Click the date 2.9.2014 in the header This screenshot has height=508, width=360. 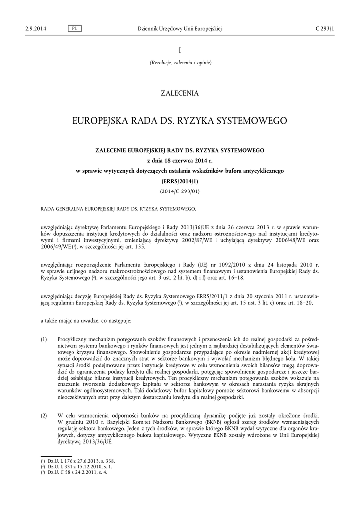coord(35,29)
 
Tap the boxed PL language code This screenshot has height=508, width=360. coord(74,29)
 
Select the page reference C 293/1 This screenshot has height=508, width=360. coord(325,29)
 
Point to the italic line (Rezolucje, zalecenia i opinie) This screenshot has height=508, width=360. coord(180,63)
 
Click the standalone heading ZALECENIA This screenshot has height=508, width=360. coord(180,93)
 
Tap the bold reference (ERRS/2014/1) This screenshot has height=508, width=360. coord(180,181)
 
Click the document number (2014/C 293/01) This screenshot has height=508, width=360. coord(180,191)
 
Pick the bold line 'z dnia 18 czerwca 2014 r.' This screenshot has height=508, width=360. coord(180,160)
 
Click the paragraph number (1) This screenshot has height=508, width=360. coord(44,339)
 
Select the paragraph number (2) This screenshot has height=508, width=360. coord(44,415)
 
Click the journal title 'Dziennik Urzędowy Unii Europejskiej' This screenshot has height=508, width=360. coord(179,29)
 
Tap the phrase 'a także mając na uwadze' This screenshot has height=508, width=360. coord(68,321)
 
